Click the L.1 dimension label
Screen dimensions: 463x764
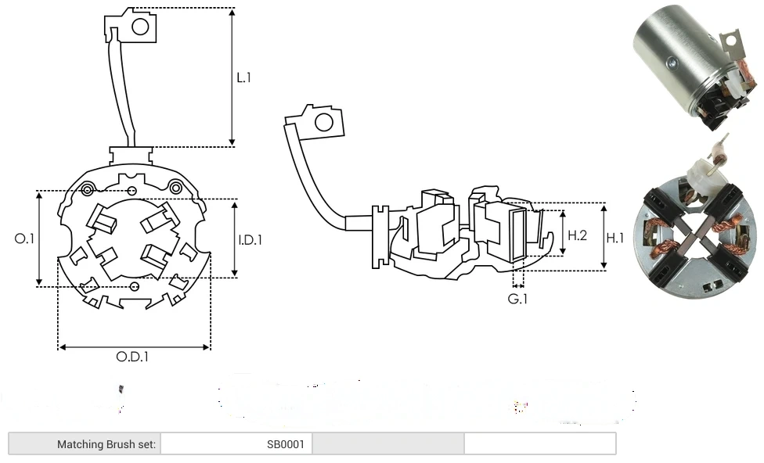point(244,77)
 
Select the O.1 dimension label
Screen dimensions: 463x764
point(24,239)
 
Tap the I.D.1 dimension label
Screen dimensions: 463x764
point(250,240)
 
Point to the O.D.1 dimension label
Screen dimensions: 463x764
point(132,357)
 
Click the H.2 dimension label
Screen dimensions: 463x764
point(577,235)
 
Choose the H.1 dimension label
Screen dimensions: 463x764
point(615,237)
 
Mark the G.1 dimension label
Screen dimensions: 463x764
point(517,299)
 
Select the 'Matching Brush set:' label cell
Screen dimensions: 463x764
point(106,444)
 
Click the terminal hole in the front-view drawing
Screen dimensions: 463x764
point(140,27)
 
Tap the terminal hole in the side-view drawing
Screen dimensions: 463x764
point(322,122)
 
